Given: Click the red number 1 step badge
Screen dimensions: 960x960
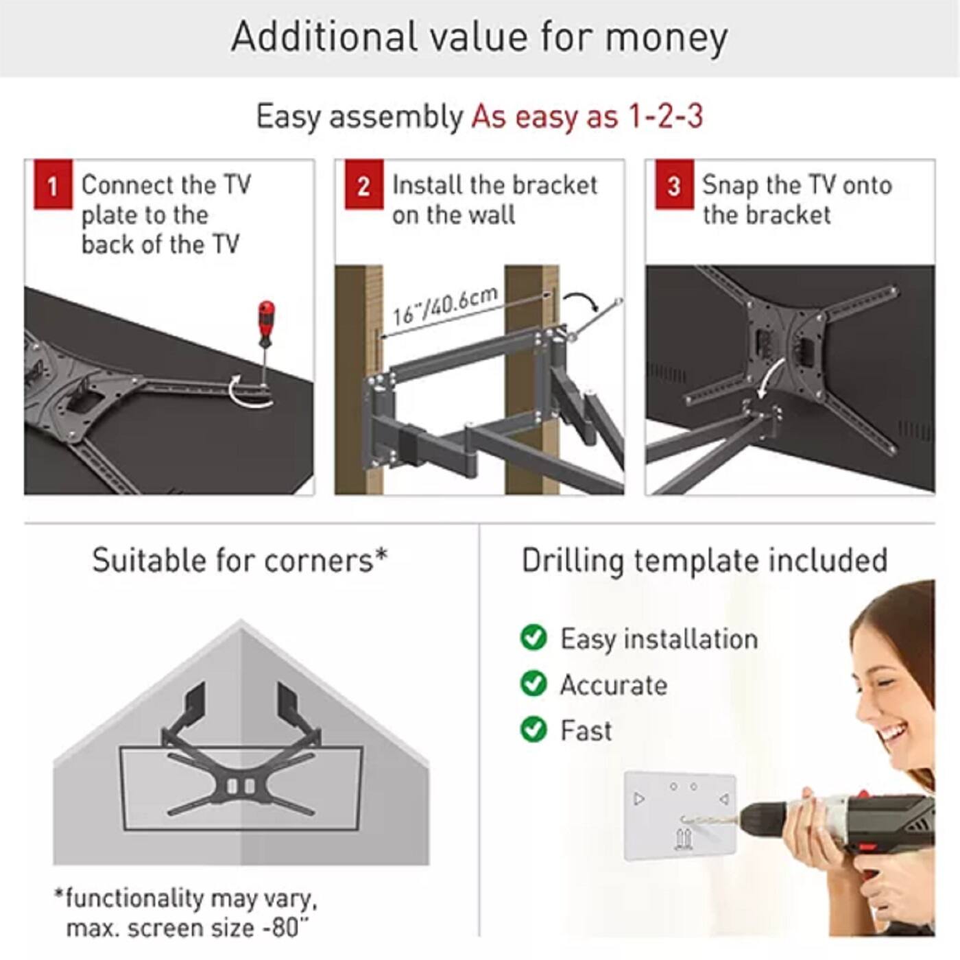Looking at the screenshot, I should [52, 185].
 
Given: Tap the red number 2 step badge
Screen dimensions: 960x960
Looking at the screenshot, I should [363, 185].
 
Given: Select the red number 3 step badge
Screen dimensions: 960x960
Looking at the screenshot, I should [673, 185].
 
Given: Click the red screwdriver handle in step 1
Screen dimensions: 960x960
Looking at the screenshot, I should [266, 323].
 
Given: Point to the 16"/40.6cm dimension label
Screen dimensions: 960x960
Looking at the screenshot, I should [445, 306].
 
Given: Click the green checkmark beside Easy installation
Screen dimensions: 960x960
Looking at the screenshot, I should [533, 638].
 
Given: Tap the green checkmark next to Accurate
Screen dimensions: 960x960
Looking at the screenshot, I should [533, 684].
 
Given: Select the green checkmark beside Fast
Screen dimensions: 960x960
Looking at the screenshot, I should [533, 729].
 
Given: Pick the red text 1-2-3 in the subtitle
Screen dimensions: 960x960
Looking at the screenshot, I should [666, 116].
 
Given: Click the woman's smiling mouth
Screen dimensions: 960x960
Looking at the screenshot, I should [893, 736].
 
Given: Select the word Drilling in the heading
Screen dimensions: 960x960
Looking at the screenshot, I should [573, 561].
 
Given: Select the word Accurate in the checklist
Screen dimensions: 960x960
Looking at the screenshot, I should [614, 685].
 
